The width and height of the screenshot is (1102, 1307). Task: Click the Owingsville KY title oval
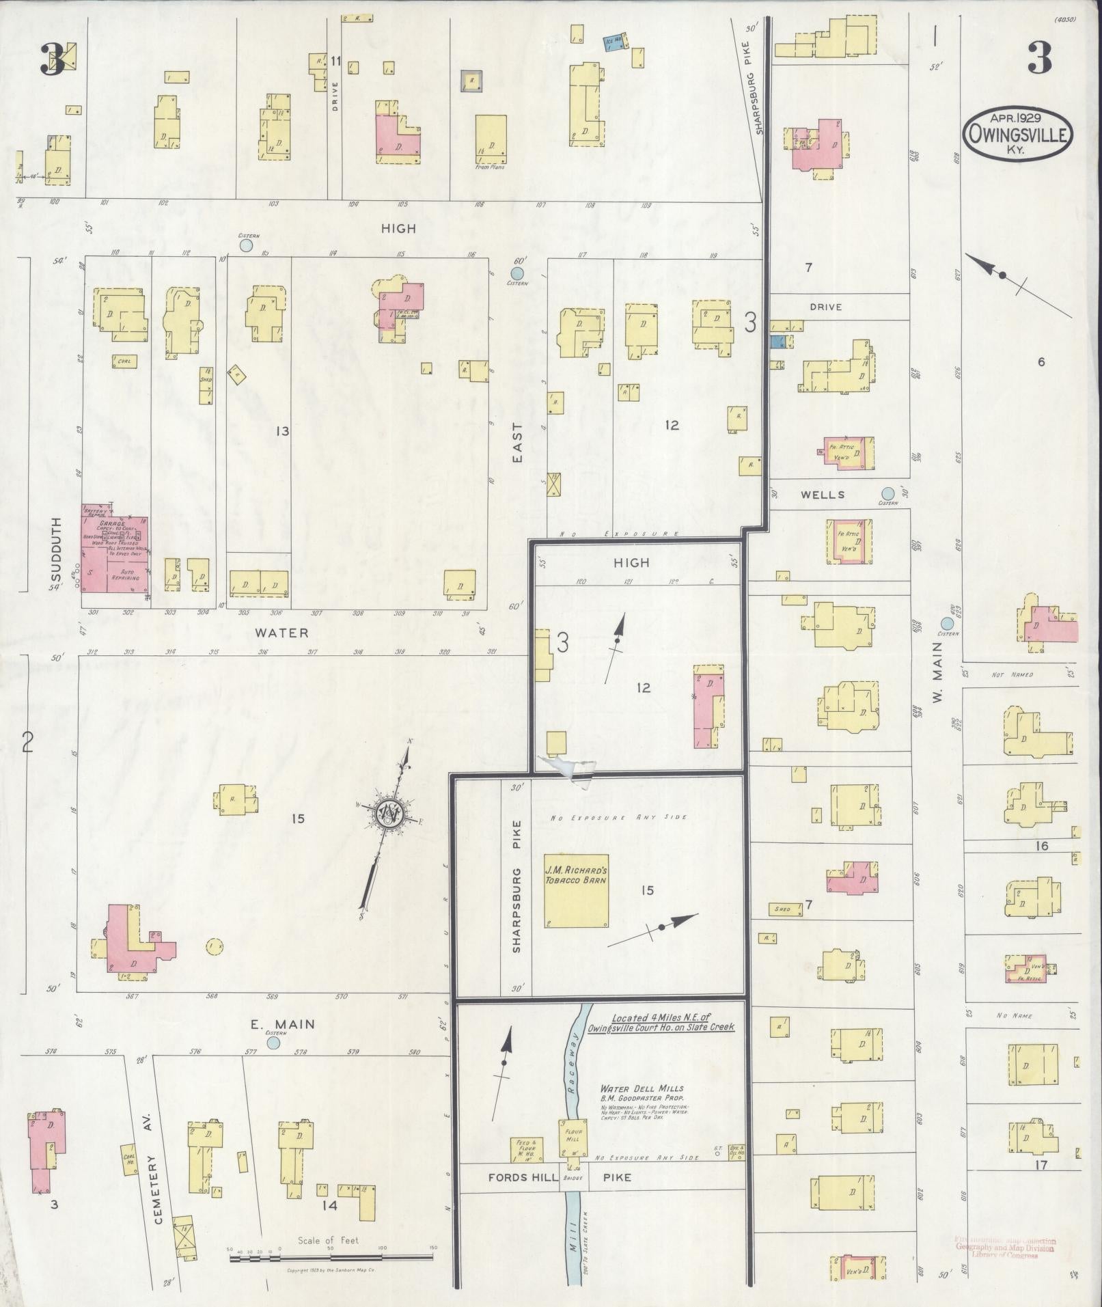click(x=1017, y=135)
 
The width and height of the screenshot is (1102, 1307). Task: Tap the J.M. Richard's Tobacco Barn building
click(x=576, y=890)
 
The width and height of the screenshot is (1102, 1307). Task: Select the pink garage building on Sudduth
click(x=114, y=557)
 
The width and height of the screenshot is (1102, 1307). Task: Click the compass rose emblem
click(x=388, y=815)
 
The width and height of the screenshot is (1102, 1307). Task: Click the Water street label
click(x=282, y=633)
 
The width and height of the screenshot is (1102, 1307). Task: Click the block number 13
click(x=281, y=431)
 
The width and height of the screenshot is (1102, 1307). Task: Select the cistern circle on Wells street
click(x=887, y=493)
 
